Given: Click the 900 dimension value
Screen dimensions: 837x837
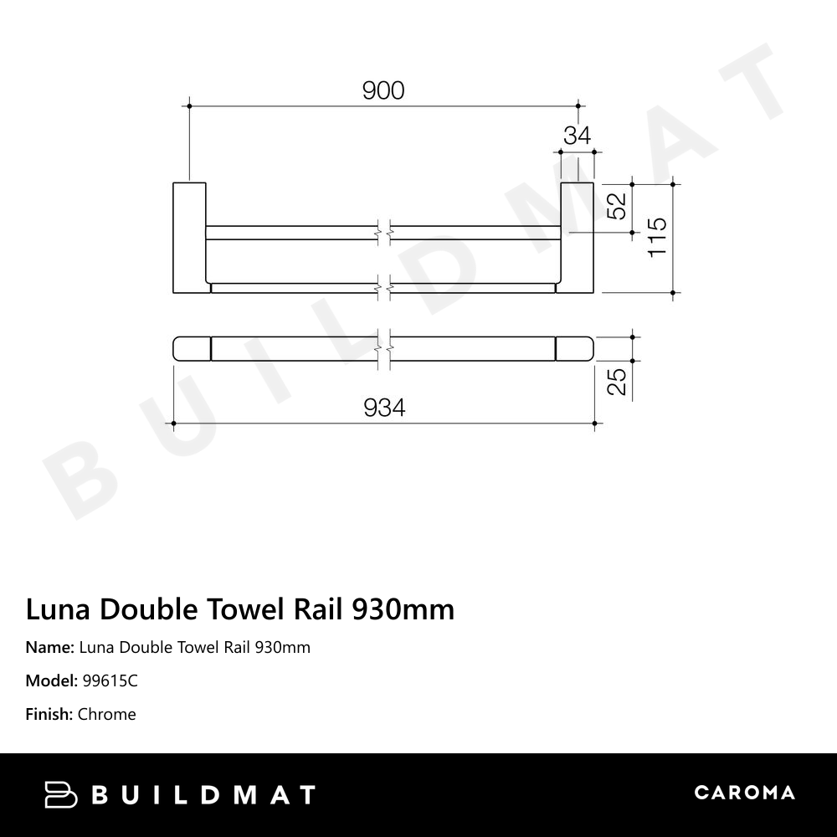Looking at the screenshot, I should coord(383,90).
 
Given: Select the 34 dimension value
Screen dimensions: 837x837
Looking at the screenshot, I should coord(577,136).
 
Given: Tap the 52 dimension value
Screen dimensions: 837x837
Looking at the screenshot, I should coord(617,206).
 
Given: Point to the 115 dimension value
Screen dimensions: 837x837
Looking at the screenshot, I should coord(658,237).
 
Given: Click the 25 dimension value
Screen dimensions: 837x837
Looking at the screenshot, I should coord(617,382).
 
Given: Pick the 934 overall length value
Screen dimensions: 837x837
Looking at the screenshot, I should coord(384,408).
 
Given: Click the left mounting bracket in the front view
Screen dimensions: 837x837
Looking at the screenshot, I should coord(189,237).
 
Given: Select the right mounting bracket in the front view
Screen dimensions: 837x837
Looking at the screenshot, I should coord(577,237).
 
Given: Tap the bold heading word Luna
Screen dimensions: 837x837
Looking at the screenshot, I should coord(59,609).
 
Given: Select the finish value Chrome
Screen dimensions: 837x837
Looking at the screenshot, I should coord(106,714).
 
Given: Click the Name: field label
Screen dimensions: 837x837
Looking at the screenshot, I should coord(49,647).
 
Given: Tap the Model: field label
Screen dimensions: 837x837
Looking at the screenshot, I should coord(52,680).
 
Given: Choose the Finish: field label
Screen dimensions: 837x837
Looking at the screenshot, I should coord(49,714).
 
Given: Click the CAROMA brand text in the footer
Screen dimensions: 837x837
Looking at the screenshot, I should coord(744,793).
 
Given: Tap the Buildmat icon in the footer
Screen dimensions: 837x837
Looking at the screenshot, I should coord(60,794).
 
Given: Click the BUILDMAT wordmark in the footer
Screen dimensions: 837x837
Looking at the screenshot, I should coord(203,794).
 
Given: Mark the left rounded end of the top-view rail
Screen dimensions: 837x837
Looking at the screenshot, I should coord(192,348).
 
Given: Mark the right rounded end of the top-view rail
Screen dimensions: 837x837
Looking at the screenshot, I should coord(575,348).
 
